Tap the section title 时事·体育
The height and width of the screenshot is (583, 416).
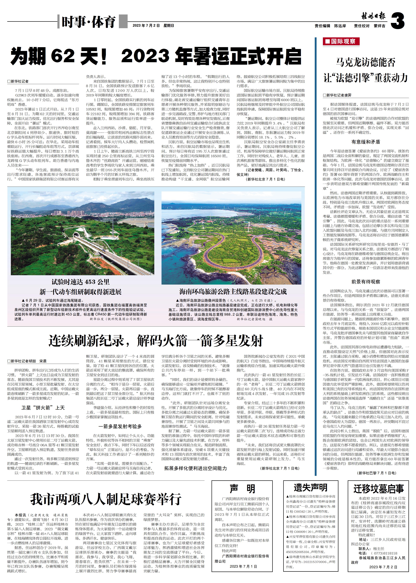pyautogui.click(x=88, y=22)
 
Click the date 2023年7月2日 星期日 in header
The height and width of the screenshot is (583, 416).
pyautogui.click(x=153, y=26)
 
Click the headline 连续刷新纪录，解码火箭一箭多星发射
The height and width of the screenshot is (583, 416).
pyautogui.click(x=156, y=341)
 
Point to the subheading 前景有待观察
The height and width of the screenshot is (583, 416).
pyautogui.click(x=366, y=282)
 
